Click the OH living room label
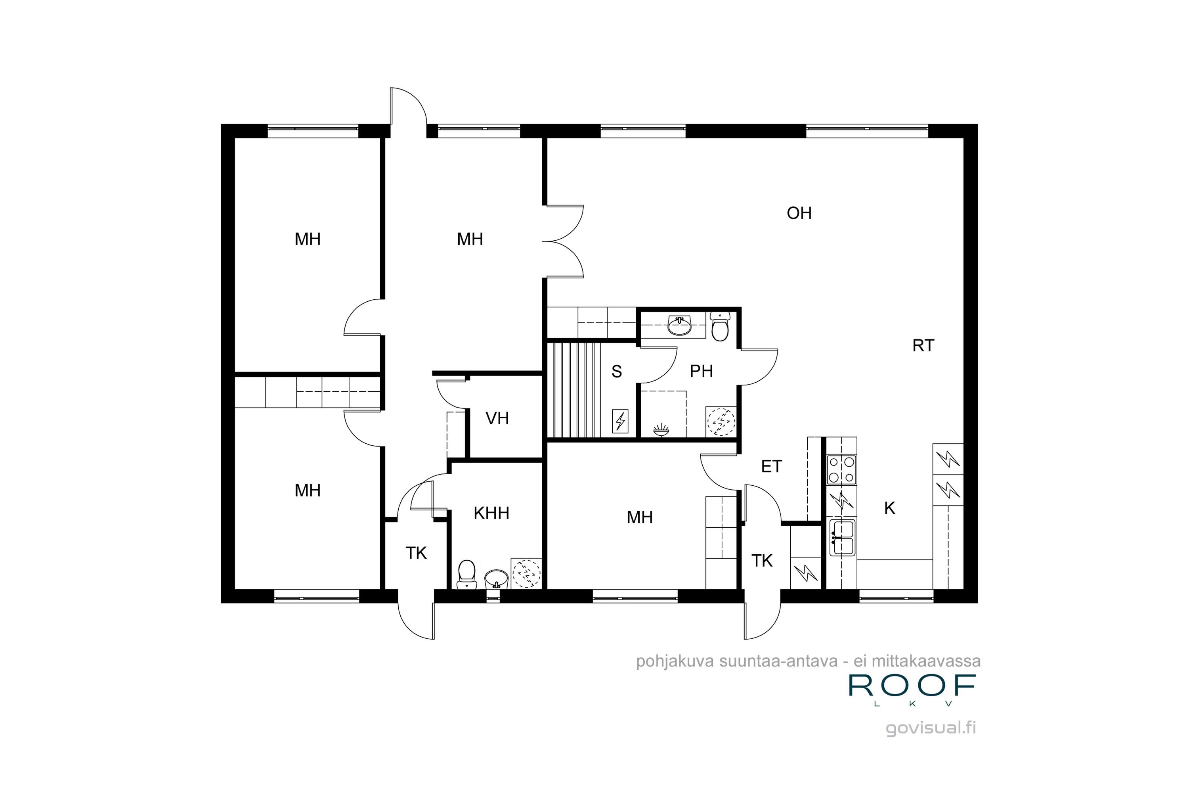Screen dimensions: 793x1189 point(799,213)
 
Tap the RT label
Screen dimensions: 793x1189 point(923,346)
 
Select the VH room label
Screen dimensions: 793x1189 point(497,419)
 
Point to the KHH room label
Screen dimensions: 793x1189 point(491,513)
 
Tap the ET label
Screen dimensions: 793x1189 point(771,466)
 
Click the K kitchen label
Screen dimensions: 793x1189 point(890,508)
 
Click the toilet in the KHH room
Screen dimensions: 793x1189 point(466,574)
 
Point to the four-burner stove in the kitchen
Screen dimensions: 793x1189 point(841,469)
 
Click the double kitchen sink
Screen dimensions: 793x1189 point(842,538)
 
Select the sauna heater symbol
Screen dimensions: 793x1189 point(620,421)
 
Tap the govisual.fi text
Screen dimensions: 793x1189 point(931,728)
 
